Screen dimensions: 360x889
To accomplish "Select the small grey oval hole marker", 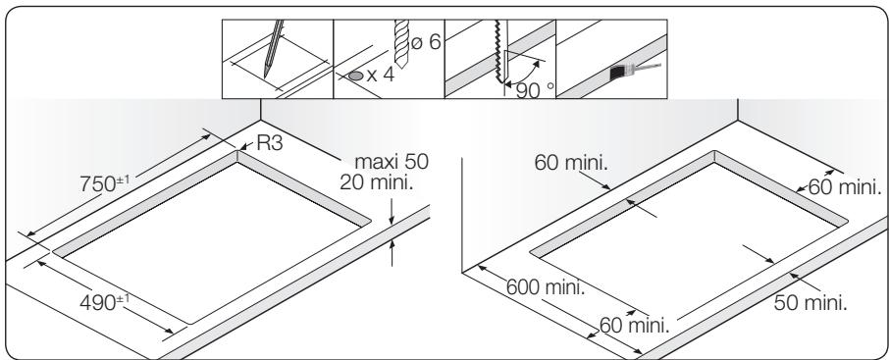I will point(356,76).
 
